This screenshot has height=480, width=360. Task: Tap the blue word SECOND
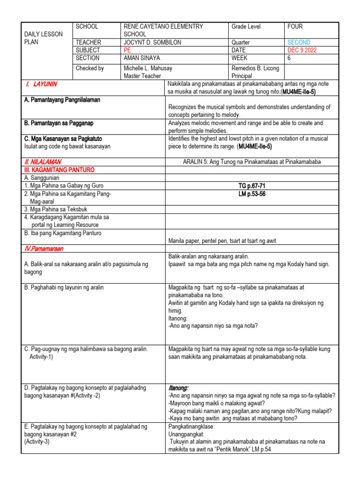pos(299,42)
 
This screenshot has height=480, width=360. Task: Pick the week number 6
pos(289,58)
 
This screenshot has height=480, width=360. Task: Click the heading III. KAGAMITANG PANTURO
pos(58,170)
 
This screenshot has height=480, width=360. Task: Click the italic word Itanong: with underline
pos(178,388)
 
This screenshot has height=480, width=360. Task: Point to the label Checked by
pos(90,68)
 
